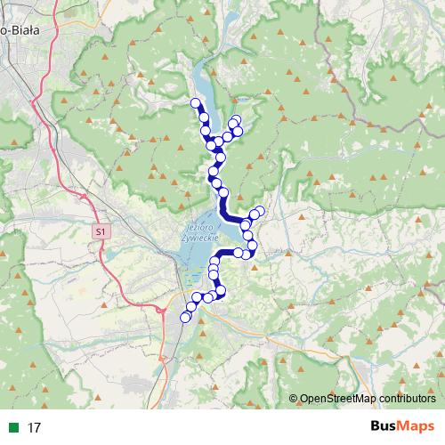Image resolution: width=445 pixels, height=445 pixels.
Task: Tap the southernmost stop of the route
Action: (x=186, y=317)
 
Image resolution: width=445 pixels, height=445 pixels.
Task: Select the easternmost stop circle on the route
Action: (x=260, y=211)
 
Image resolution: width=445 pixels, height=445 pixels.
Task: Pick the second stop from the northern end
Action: (x=204, y=117)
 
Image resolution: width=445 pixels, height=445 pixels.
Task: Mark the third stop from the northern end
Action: (x=206, y=132)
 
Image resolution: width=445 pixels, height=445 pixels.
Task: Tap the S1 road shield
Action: (x=100, y=231)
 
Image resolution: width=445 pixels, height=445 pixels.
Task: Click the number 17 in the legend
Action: (x=34, y=427)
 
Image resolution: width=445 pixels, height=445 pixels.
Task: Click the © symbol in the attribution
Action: (x=293, y=399)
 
